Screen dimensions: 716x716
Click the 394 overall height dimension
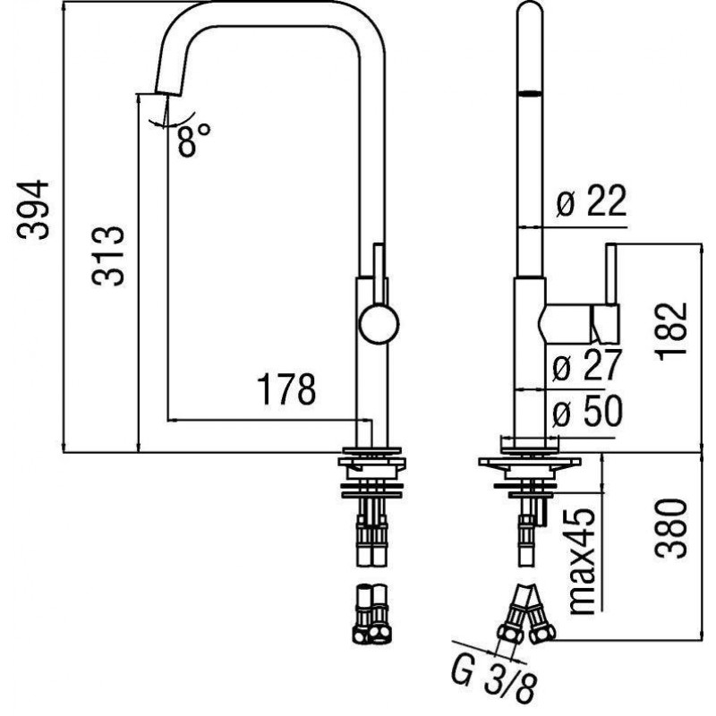(x=33, y=209)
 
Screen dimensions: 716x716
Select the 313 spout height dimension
(x=108, y=255)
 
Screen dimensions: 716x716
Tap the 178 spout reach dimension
(x=286, y=389)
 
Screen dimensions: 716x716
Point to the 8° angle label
(x=194, y=140)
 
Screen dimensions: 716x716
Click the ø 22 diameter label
(x=592, y=200)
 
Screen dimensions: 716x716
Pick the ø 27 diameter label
(x=587, y=365)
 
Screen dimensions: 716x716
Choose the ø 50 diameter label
(x=587, y=411)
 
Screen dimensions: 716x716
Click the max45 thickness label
(x=584, y=561)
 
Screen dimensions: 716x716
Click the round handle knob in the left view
(x=379, y=324)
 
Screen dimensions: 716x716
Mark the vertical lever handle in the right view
(x=611, y=274)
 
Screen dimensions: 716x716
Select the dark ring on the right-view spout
(x=530, y=93)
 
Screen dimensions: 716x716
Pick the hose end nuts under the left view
(x=371, y=635)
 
